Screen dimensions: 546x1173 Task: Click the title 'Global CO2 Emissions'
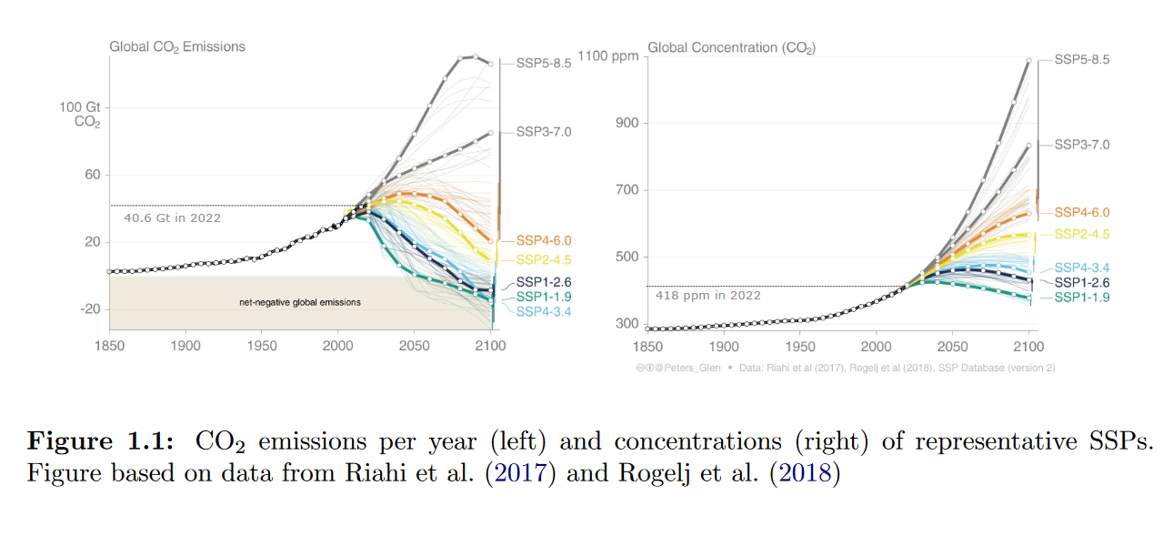pyautogui.click(x=177, y=46)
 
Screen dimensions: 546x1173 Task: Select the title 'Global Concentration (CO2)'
pyautogui.click(x=731, y=46)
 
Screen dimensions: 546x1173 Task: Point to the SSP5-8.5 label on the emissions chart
pyautogui.click(x=544, y=64)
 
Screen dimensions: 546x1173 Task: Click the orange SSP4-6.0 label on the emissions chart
pyautogui.click(x=544, y=241)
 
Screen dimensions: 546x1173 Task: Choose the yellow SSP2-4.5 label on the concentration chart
pyautogui.click(x=1082, y=234)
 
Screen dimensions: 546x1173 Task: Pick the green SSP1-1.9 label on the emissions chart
pyautogui.click(x=544, y=297)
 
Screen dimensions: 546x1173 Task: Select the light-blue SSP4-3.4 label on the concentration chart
pyautogui.click(x=1082, y=268)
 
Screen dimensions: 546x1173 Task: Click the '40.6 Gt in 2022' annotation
pyautogui.click(x=172, y=217)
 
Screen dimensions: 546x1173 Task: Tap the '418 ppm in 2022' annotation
pyautogui.click(x=708, y=295)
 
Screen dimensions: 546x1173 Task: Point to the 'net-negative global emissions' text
pyautogui.click(x=294, y=301)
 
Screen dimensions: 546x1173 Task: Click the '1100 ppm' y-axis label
pyautogui.click(x=614, y=56)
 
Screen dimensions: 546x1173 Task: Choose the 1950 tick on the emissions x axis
pyautogui.click(x=261, y=347)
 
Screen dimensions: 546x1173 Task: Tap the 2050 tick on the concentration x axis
pyautogui.click(x=952, y=347)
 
